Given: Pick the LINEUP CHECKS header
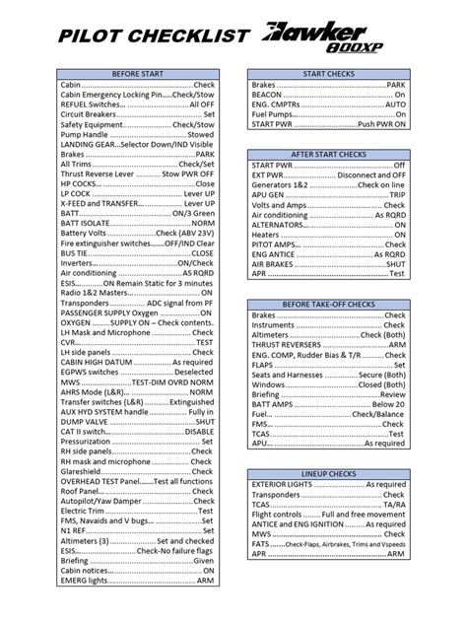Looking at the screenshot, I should (x=328, y=474).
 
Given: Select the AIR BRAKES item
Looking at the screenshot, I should (x=328, y=264).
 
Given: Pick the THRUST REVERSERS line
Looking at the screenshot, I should (x=328, y=346).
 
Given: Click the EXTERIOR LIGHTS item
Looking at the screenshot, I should (x=328, y=487).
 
